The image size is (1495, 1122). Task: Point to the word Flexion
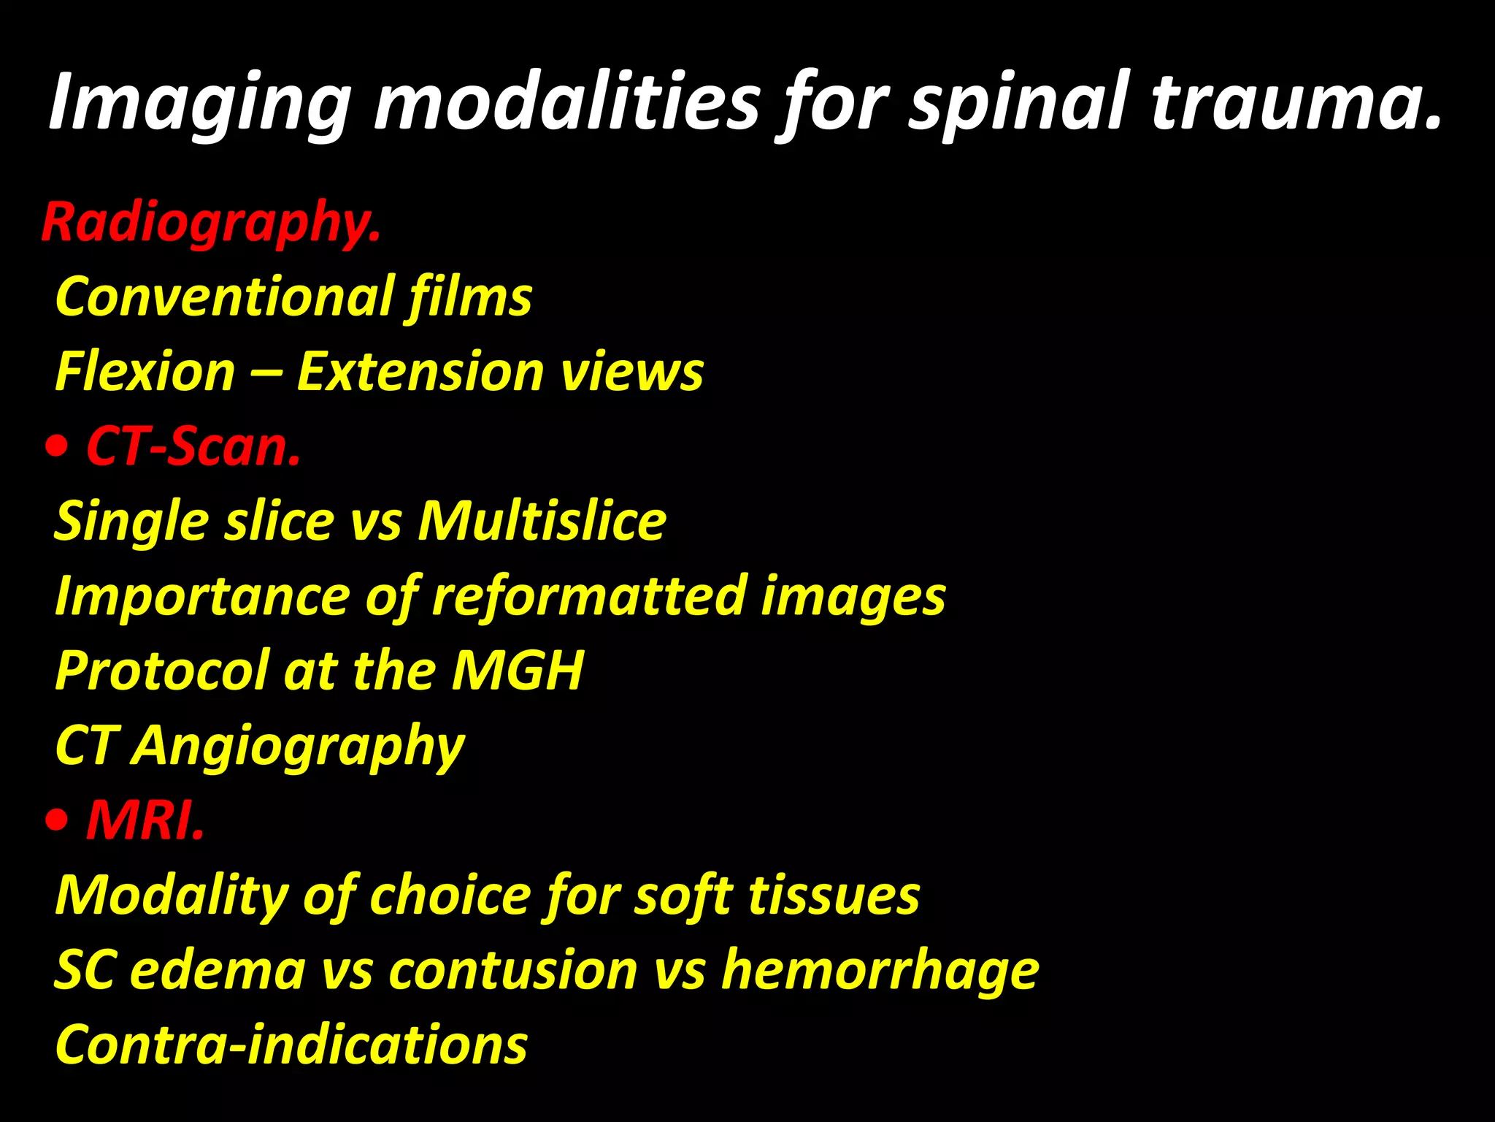tap(145, 372)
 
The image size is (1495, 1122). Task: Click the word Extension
tap(420, 372)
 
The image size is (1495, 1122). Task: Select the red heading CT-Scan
tap(193, 446)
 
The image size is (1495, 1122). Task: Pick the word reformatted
tap(588, 596)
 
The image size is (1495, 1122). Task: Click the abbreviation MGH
tap(518, 671)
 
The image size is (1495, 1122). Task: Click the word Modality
tap(172, 896)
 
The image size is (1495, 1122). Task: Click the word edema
tap(218, 971)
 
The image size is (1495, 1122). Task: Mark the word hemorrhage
tap(880, 971)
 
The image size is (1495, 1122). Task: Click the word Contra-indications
tap(291, 1045)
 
